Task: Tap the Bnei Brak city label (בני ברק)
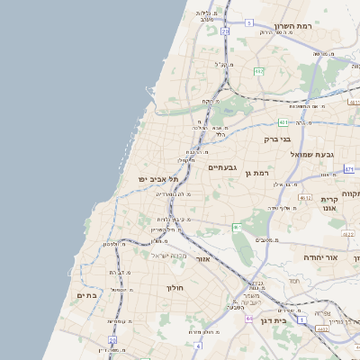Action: click(278, 139)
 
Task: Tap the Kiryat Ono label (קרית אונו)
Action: click(328, 203)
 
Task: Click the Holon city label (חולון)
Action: click(175, 288)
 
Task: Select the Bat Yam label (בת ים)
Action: click(86, 295)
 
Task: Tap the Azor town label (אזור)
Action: click(202, 259)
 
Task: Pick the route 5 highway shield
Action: click(224, 31)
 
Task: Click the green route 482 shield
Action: click(259, 71)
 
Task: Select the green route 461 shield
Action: click(236, 227)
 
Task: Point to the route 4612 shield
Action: click(305, 198)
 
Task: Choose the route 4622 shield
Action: click(347, 235)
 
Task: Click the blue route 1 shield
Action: click(301, 320)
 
